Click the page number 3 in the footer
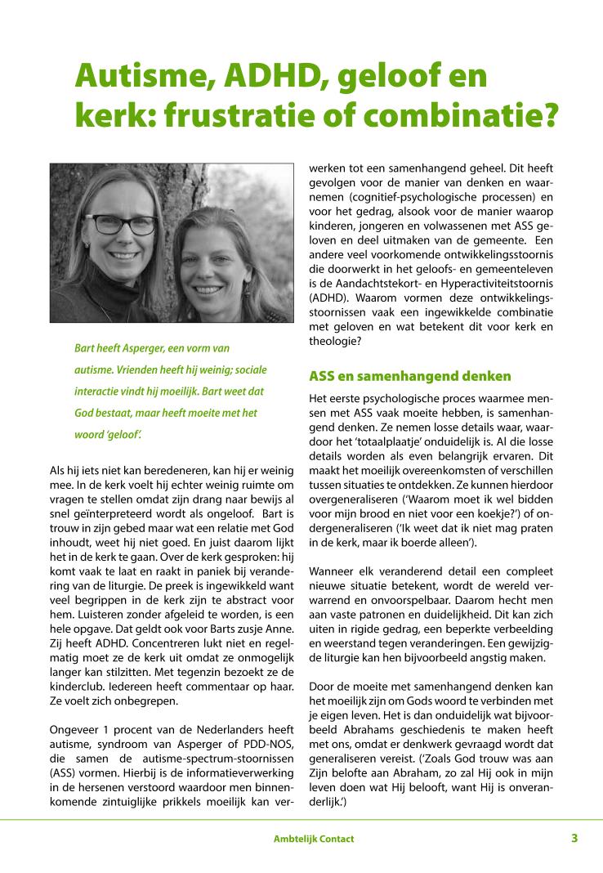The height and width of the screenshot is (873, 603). [x=574, y=838]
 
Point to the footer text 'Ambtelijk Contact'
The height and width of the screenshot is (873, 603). [x=314, y=839]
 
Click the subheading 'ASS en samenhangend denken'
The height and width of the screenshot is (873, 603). [x=409, y=376]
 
